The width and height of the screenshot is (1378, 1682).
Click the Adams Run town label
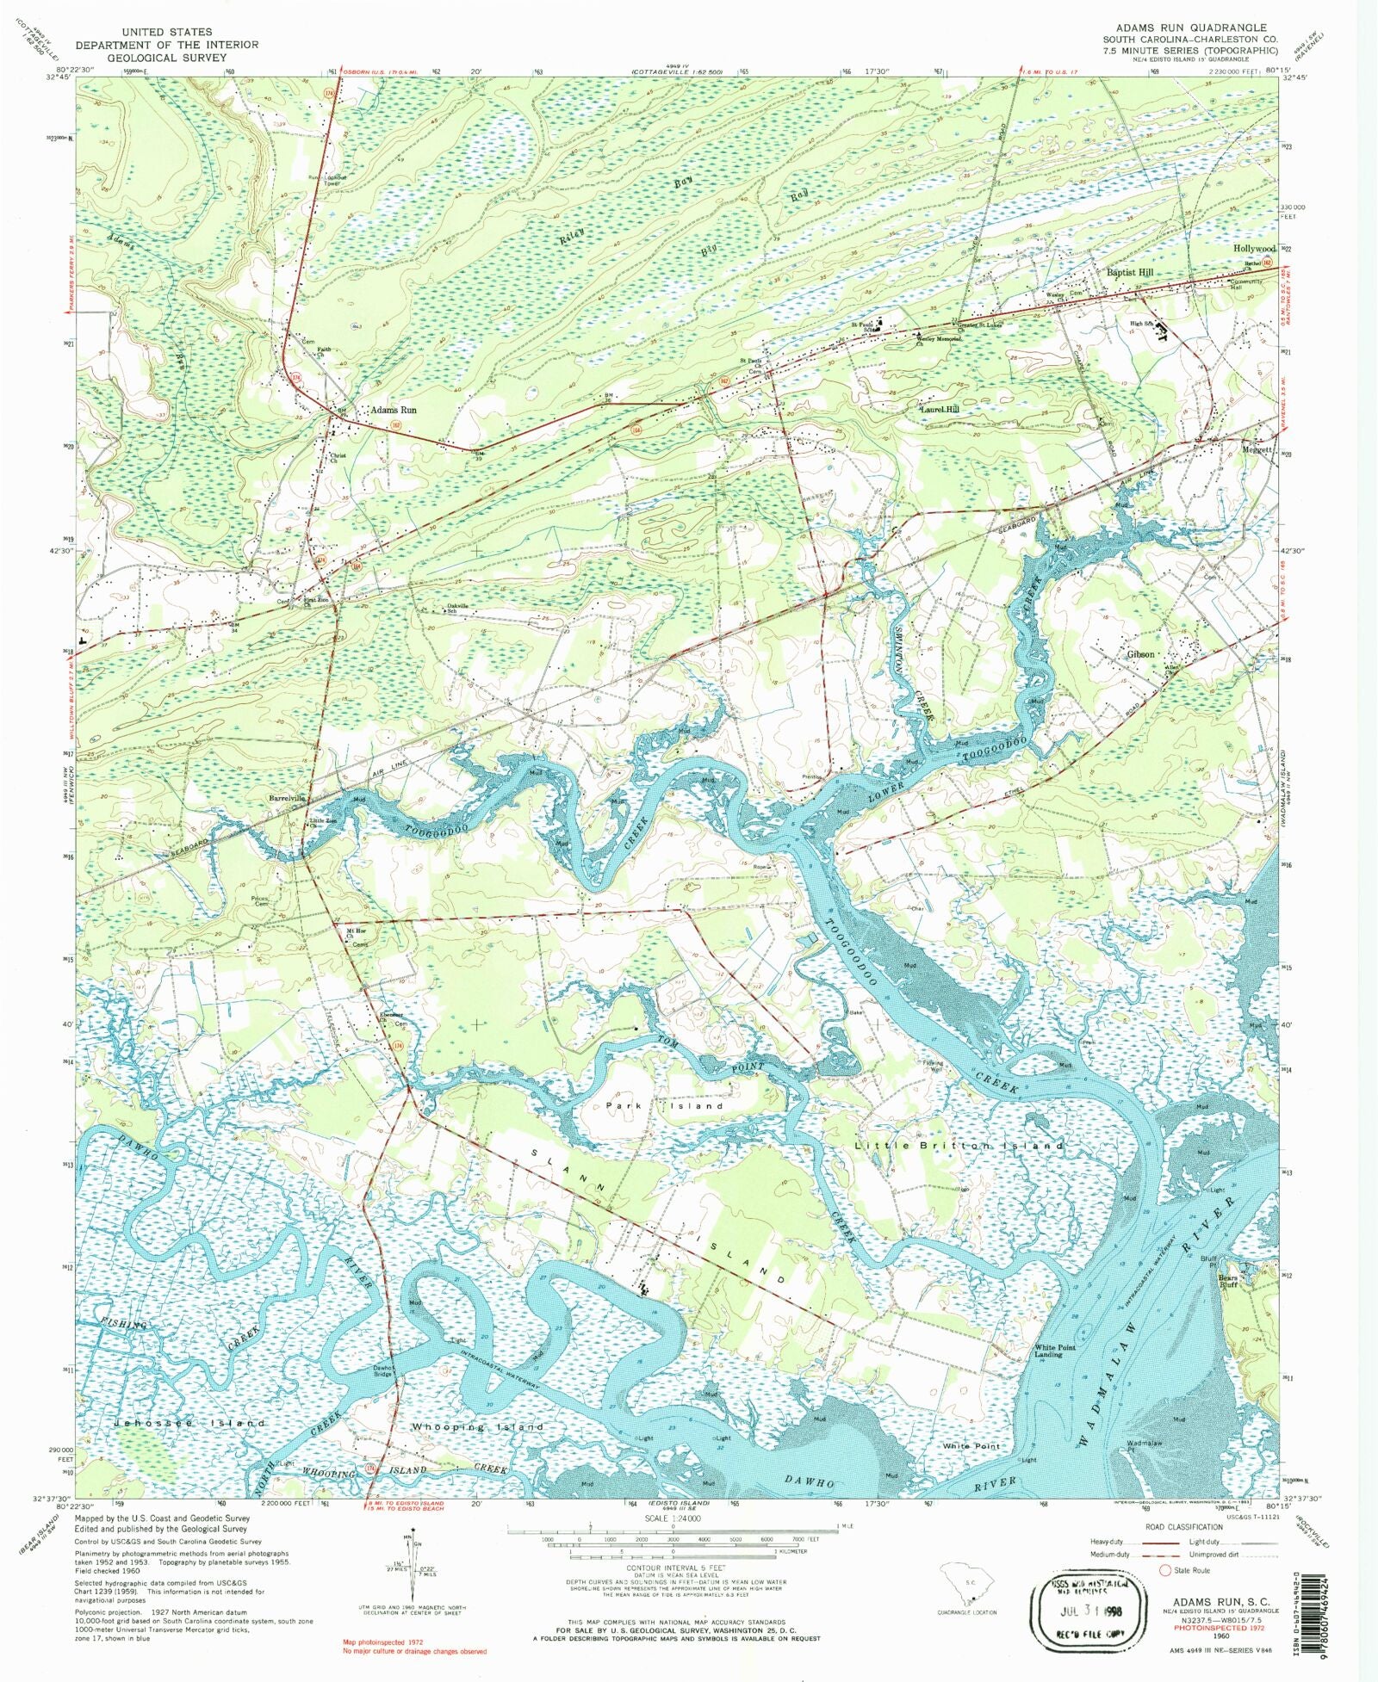[x=393, y=411]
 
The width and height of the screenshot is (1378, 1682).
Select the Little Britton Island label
[x=959, y=1146]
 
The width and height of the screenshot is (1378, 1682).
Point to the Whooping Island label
[x=477, y=1427]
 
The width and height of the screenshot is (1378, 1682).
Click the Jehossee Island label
[x=189, y=1424]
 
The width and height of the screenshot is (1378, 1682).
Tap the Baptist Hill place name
[x=1129, y=272]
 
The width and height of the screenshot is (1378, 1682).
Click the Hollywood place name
[x=1253, y=249]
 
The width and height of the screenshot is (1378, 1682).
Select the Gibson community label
[x=1139, y=654]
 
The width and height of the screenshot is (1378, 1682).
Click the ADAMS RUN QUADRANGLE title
[x=1187, y=28]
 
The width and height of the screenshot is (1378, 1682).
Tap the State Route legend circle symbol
[x=1166, y=1570]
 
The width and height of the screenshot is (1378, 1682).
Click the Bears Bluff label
[x=1227, y=1282]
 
